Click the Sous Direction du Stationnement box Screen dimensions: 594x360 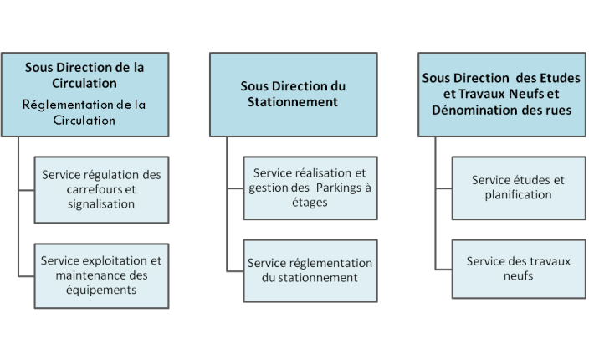294,95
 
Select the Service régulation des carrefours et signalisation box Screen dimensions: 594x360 101,190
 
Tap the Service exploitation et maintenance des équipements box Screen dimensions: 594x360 101,276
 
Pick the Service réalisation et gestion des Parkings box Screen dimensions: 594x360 310,188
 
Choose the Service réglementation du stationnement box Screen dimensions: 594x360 310,270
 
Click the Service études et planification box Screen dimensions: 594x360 519,188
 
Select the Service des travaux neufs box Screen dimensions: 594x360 519,269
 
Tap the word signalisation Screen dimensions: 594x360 101,204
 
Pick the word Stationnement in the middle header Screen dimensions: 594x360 293,102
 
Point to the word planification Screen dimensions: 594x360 518,195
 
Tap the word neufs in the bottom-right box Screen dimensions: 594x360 518,276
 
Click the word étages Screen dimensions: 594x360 310,203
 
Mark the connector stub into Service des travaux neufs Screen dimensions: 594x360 443,270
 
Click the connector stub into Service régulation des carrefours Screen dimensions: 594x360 26,190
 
